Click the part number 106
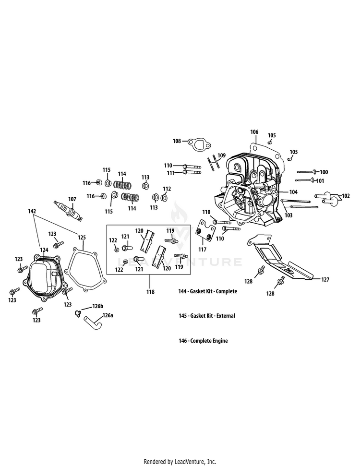(254, 131)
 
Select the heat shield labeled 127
(281, 259)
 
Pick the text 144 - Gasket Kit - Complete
(207, 291)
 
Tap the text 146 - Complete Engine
(203, 341)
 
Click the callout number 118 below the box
(151, 292)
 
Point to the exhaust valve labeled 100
(307, 172)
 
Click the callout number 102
(345, 195)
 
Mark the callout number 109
(221, 155)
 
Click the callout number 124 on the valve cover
(44, 250)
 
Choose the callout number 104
(294, 191)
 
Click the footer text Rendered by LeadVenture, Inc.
(180, 462)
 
